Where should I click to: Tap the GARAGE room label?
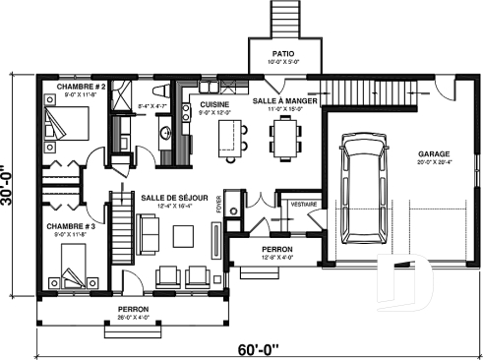pyautogui.click(x=434, y=153)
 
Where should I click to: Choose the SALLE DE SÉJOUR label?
pyautogui.click(x=174, y=197)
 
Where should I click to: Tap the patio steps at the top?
pyautogui.click(x=281, y=18)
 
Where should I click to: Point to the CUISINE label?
pyautogui.click(x=215, y=103)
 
